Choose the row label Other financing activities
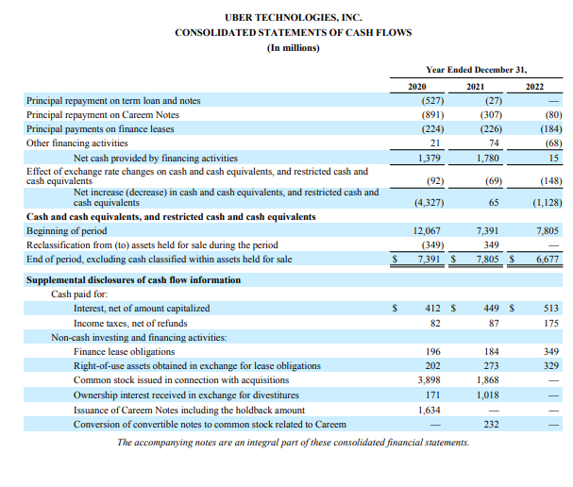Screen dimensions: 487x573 pyautogui.click(x=83, y=143)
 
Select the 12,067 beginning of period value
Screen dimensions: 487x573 pyautogui.click(x=428, y=230)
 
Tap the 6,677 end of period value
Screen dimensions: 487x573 pyautogui.click(x=548, y=259)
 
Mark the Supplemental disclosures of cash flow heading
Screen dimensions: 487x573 pyautogui.click(x=133, y=280)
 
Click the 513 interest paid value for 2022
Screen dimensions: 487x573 pyautogui.click(x=551, y=308)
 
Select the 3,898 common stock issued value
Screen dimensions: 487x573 pyautogui.click(x=430, y=380)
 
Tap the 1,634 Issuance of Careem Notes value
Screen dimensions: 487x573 pyautogui.click(x=430, y=410)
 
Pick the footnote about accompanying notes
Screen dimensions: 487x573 pyautogui.click(x=293, y=442)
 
